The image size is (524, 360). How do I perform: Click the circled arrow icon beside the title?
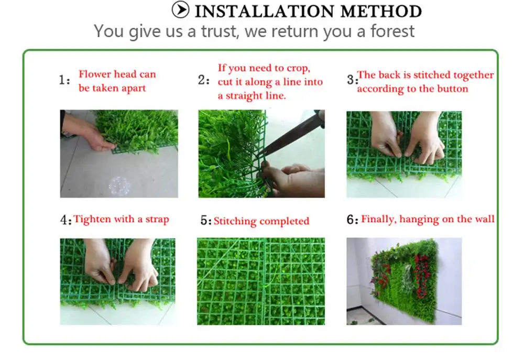[x=180, y=9]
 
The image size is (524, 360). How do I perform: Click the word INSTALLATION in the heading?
[x=265, y=12]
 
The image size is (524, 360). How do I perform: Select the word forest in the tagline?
[x=392, y=31]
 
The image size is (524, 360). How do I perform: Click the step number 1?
[x=63, y=80]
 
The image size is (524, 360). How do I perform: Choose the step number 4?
[x=64, y=220]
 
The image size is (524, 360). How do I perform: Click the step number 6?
[x=351, y=220]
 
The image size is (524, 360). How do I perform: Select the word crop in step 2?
[x=297, y=68]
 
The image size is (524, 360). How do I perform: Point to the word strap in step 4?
[x=157, y=220]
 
